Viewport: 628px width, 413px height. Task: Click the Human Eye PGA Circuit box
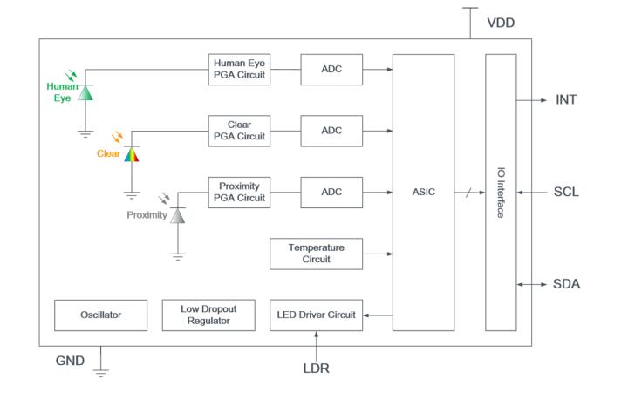237,68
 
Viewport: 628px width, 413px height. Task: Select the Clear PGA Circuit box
237,131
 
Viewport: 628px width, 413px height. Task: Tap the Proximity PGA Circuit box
237,192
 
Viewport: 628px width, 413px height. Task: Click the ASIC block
423,192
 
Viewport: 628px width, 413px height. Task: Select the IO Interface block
501,192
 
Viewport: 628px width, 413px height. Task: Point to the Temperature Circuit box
316,253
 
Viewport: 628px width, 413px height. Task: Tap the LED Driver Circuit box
316,315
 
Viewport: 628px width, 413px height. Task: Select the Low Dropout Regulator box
208,315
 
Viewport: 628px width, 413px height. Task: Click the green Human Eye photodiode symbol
85,91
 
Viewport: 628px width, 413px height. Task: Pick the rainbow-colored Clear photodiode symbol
131,154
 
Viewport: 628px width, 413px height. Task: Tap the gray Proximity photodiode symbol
178,214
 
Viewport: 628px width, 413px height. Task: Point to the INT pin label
566,99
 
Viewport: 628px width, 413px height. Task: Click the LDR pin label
317,369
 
